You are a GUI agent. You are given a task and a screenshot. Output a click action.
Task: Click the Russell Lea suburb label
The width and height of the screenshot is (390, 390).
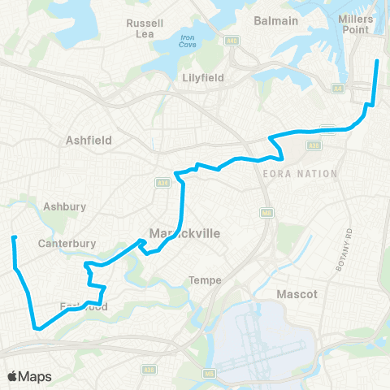tap(146, 29)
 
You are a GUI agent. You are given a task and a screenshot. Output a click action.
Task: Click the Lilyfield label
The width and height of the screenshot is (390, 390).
tap(201, 78)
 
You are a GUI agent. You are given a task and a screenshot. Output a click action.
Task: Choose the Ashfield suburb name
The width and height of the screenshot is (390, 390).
tap(89, 140)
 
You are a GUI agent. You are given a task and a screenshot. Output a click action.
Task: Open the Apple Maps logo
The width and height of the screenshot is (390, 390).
tap(28, 376)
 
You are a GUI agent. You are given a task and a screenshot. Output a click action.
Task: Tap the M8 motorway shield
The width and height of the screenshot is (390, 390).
tap(266, 213)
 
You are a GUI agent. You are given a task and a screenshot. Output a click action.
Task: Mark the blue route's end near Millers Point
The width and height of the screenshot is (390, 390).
tap(376, 61)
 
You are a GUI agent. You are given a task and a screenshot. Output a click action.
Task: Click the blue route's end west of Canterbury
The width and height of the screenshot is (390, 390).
tap(14, 237)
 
